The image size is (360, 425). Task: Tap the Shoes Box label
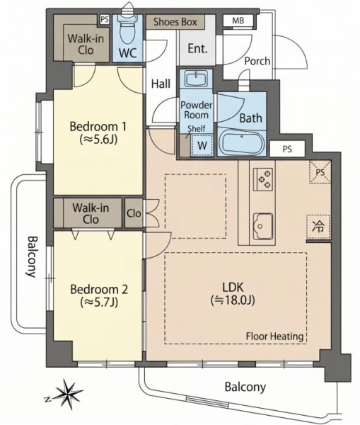175,22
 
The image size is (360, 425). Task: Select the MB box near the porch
238,21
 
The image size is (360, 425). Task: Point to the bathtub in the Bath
242,142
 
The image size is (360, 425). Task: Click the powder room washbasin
196,79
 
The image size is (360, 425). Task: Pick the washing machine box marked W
202,145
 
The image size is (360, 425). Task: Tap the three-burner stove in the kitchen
263,179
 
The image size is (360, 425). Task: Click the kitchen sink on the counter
263,226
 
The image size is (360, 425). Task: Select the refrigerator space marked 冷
318,227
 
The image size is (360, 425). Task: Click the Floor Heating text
274,336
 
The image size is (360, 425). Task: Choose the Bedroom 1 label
98,127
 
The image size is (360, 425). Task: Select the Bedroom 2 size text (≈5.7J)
99,302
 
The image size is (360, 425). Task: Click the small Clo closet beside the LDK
134,213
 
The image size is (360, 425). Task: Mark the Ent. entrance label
197,48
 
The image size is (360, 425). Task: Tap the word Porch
257,61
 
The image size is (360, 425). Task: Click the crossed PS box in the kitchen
320,172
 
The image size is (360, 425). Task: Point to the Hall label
161,84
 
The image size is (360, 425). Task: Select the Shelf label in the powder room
197,128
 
